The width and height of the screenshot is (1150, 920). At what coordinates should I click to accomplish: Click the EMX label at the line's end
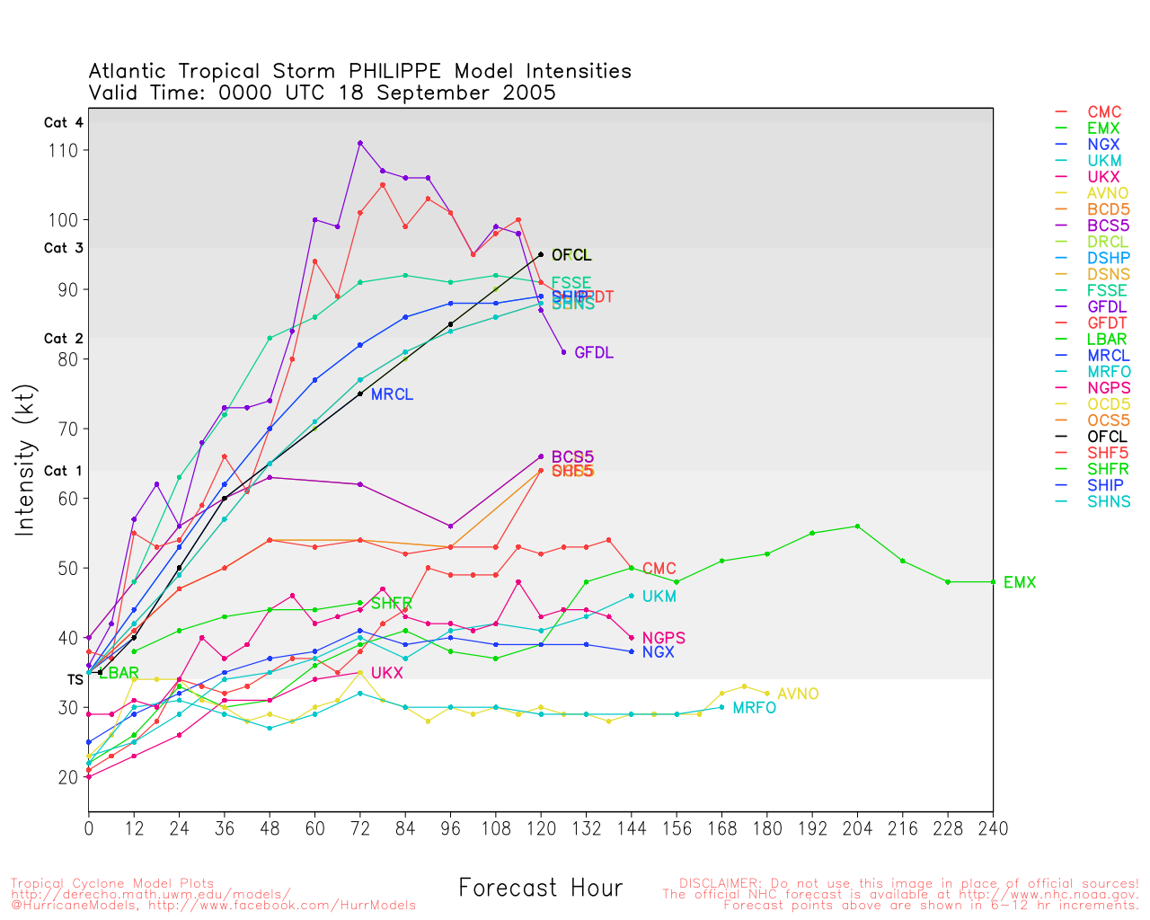tap(1019, 583)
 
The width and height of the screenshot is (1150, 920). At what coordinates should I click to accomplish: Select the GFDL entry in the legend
tap(1106, 307)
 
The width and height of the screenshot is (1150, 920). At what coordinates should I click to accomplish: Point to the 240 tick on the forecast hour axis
tap(993, 828)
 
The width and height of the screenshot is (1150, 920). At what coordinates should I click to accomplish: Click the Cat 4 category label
tap(63, 123)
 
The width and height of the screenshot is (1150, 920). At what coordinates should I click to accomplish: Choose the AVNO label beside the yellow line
tap(798, 694)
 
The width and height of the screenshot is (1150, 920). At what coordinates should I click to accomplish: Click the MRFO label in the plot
tap(754, 709)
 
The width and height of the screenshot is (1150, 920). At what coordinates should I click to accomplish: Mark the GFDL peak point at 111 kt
tap(360, 143)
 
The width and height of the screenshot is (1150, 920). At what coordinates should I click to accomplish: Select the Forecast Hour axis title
tap(540, 889)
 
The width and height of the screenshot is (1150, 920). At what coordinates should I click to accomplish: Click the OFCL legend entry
tap(1106, 437)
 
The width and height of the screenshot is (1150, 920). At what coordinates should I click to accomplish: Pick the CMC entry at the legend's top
tap(1104, 113)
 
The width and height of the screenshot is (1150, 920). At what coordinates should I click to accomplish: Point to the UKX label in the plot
tap(386, 674)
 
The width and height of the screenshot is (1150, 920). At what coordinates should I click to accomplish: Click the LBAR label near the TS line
tap(119, 674)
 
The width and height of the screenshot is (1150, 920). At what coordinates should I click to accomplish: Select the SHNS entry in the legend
tap(1109, 501)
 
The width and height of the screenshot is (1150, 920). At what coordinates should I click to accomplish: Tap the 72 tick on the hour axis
tap(360, 828)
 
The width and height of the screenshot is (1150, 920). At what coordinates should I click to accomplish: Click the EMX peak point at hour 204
tap(857, 526)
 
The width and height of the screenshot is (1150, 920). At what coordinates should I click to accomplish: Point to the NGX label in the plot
tap(658, 652)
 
